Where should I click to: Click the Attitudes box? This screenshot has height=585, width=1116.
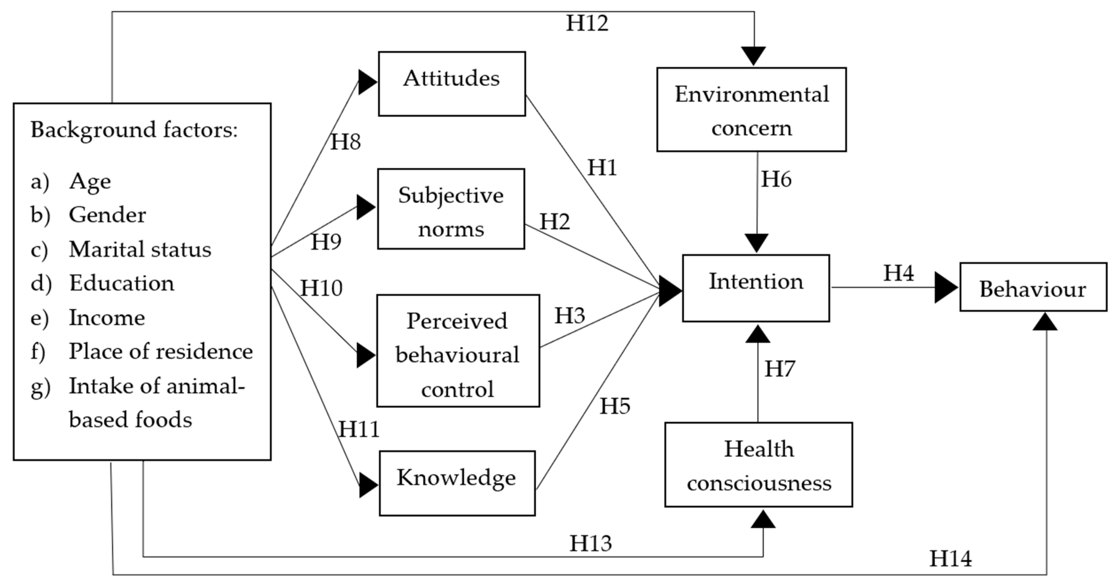(452, 84)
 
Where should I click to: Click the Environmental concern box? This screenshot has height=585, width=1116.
(751, 109)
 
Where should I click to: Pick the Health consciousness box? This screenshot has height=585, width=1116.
(759, 465)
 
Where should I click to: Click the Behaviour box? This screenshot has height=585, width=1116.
(1033, 287)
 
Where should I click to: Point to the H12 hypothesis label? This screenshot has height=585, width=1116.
(587, 23)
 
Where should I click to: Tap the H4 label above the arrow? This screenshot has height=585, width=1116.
(899, 273)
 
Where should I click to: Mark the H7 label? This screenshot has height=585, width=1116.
(779, 369)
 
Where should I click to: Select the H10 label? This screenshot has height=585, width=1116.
(321, 288)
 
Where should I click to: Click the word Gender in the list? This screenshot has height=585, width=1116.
(107, 215)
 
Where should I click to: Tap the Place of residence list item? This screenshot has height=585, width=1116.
(160, 351)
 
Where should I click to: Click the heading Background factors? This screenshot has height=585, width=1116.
(134, 130)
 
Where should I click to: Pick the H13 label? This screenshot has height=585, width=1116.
(590, 543)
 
